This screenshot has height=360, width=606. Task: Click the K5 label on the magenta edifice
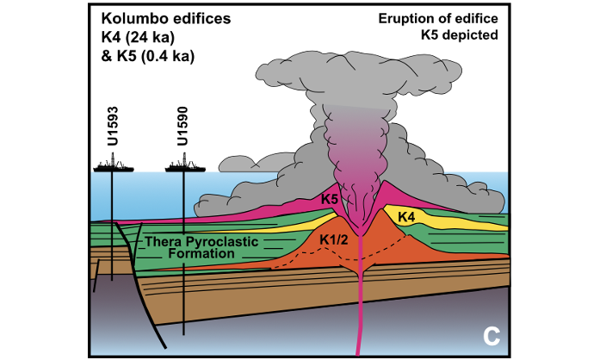point(330,200)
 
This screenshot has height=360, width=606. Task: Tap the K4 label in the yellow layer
point(406,217)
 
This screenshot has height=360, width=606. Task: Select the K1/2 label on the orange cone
point(334,240)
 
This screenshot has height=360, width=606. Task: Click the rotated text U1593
point(113,126)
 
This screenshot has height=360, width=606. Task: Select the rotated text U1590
point(182,126)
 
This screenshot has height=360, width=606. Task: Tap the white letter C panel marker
point(492,337)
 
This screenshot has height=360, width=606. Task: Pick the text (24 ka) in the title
point(150,38)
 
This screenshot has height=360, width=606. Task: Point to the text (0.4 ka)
point(167,57)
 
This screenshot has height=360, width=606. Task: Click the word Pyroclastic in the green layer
point(222,242)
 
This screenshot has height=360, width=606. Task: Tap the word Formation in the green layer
point(201,254)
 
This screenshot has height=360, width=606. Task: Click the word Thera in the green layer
point(164,242)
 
